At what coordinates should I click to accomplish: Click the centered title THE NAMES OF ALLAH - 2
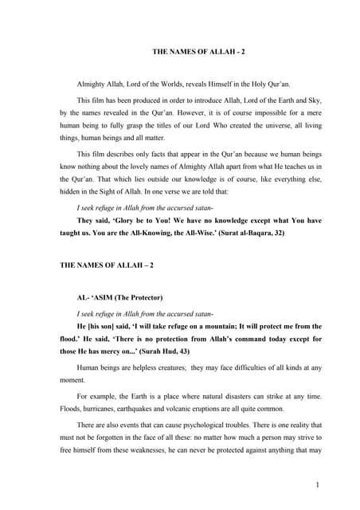point(199,52)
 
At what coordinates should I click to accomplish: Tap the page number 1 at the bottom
point(317,484)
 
